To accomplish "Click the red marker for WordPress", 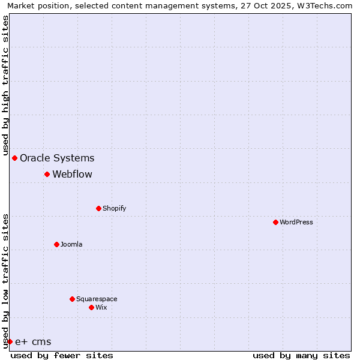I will pos(275,222).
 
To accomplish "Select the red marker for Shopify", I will pos(98,208).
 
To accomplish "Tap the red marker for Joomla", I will pos(56,244).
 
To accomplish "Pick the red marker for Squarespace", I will pos(72,299).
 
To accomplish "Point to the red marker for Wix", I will pos(91,307).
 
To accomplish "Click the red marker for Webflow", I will pos(47,174).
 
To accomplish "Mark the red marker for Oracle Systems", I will pos(14,158).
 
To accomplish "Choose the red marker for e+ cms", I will pos(10,341).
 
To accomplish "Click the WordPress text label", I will pos(296,222).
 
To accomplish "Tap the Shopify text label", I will pos(114,208).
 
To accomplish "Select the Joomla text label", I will pos(71,244).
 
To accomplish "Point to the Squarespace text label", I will pos(97,299).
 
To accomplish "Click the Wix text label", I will pos(101,307).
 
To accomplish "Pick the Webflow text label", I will pos(73,174).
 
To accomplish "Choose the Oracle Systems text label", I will pos(57,158).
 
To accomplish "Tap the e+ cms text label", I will pos(33,342).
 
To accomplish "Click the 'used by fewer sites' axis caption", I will pos(62,355).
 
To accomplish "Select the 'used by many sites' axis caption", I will pos(301,355).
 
